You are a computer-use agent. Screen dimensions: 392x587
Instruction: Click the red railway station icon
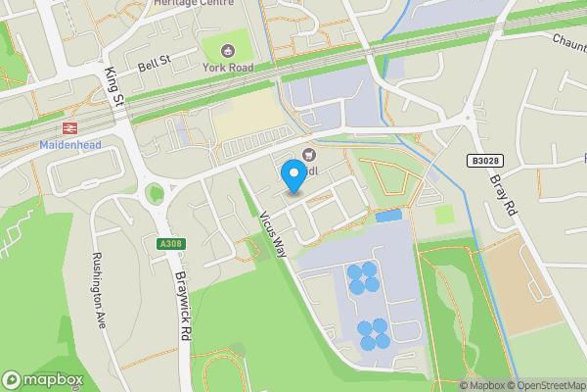tap(68, 127)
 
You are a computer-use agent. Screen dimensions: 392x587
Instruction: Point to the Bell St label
tap(154, 63)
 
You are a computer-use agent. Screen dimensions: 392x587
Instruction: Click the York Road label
tap(227, 67)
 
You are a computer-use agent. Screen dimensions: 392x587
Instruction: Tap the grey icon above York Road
tap(228, 50)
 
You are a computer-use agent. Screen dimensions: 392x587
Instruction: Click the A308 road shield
tap(169, 243)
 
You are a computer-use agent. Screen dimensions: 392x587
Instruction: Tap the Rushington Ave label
tap(99, 291)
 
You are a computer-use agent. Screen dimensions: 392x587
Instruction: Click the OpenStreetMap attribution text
tap(547, 385)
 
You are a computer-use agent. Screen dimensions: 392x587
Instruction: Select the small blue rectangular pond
tap(388, 216)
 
